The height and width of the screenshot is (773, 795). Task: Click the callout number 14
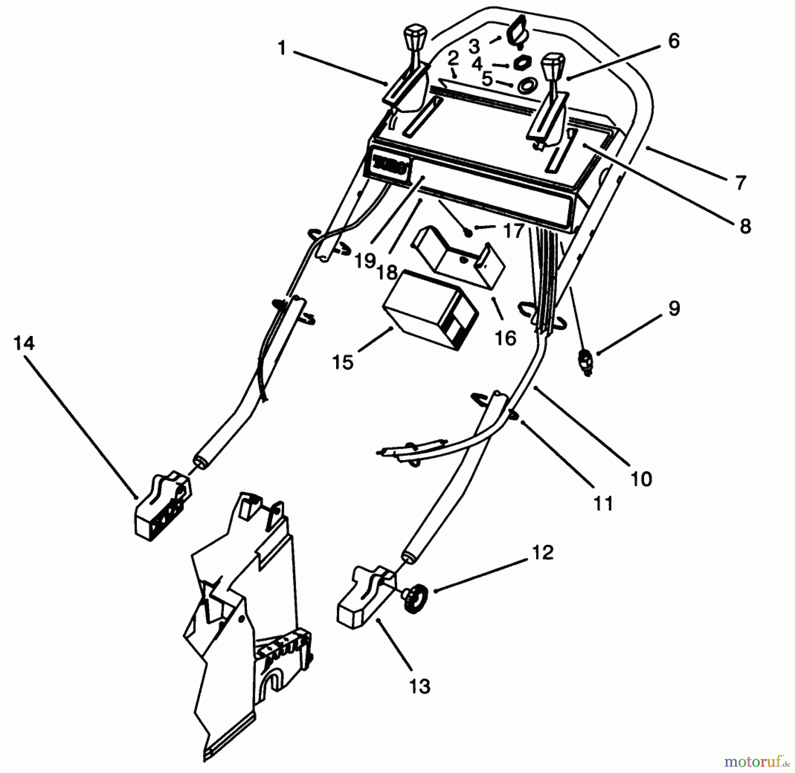click(x=24, y=343)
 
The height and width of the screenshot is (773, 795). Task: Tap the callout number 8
click(x=745, y=226)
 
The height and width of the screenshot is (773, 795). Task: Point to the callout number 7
click(x=740, y=182)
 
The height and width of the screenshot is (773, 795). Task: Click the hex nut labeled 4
click(x=522, y=64)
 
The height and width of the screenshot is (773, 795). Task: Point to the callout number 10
click(x=641, y=479)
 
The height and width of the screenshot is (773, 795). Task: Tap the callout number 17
click(x=514, y=230)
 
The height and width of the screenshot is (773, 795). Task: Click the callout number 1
click(x=282, y=48)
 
